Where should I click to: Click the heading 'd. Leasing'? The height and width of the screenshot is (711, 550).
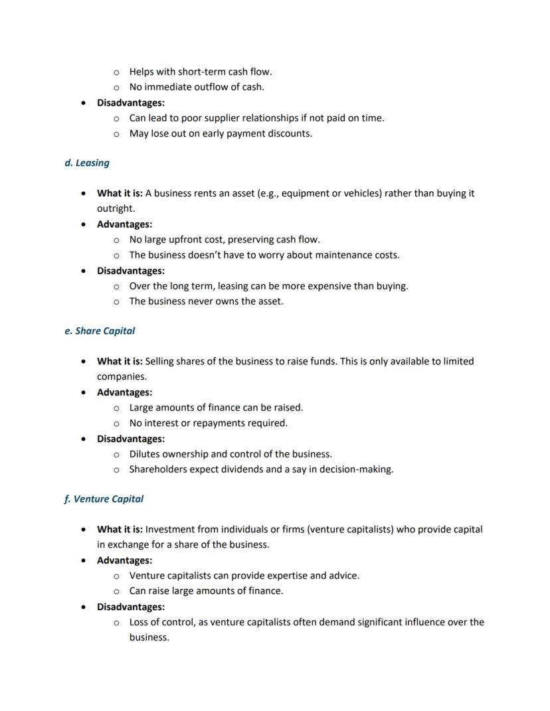[x=87, y=163]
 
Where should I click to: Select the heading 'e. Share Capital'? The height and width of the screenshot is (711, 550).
[x=100, y=331]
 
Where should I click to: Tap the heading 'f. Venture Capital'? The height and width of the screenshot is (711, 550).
[x=104, y=499]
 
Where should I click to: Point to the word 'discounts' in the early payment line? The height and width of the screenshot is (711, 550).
[x=290, y=133]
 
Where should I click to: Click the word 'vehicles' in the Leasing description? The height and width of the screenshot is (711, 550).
[x=359, y=193]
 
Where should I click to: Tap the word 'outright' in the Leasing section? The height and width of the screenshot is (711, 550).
[x=115, y=208]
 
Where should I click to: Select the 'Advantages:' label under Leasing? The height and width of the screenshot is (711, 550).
[x=124, y=224]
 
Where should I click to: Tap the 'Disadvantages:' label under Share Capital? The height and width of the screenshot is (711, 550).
[x=131, y=439]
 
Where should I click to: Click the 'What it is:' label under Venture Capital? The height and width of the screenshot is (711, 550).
[x=120, y=529]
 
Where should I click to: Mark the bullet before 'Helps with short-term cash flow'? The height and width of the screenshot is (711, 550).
[x=116, y=72]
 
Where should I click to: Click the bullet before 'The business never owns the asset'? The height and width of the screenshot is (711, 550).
[x=116, y=301]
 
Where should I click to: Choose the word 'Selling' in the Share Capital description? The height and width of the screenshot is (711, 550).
[x=161, y=361]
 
